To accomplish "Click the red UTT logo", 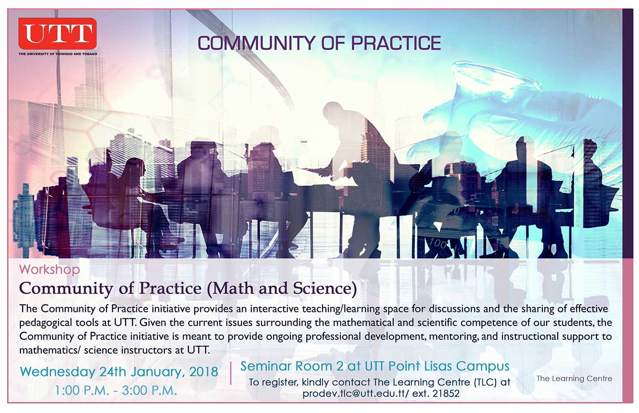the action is [58, 33].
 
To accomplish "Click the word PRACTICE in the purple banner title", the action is [396, 43].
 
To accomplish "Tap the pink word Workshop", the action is [50, 269].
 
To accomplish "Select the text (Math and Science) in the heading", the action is [282, 289].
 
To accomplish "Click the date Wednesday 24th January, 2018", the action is [119, 372].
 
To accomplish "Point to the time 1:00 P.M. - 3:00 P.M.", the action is [116, 390].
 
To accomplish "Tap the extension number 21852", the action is [446, 393].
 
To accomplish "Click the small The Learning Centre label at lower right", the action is [574, 379].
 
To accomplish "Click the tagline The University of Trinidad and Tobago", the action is [58, 54].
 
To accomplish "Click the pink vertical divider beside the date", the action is [230, 373].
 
